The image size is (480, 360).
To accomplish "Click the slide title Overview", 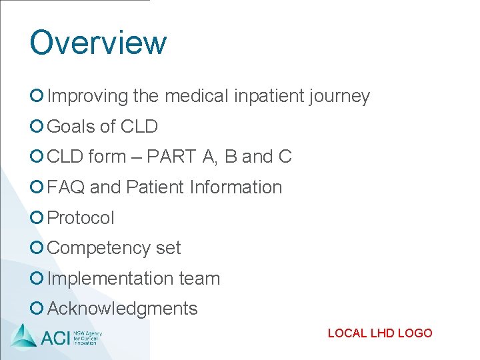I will point(98,42).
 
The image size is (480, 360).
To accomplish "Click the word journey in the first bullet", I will point(339,97).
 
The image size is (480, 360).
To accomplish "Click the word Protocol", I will point(81,218).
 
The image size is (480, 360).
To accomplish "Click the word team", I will point(199,279).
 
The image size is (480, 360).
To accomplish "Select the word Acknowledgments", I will point(123,309).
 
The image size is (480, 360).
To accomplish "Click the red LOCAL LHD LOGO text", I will point(380,333).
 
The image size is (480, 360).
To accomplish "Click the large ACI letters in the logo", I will point(55,337).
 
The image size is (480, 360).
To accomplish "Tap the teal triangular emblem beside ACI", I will point(24,335).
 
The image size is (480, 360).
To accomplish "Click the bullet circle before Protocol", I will point(37,217).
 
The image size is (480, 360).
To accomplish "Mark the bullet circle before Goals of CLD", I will point(37,126).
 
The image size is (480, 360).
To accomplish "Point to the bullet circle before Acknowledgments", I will point(37,308).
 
